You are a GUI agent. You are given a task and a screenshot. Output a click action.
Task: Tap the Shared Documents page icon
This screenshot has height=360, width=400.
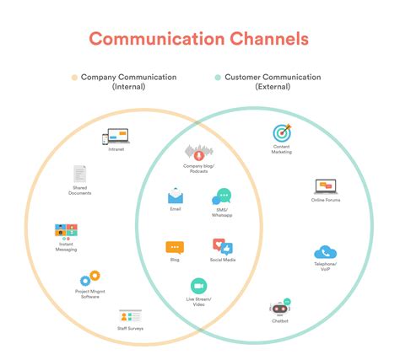pos(80,175)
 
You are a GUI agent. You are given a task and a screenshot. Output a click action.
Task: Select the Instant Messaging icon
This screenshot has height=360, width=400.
pos(66,231)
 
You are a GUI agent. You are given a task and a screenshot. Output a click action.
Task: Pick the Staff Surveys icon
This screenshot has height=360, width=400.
pos(129,317)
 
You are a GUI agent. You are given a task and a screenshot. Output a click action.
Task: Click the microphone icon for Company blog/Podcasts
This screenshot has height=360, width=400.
pos(198,153)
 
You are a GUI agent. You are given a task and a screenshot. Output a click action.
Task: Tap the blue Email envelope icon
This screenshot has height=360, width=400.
pos(176,196)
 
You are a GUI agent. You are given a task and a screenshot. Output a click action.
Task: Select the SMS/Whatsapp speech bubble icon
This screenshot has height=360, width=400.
pos(222,197)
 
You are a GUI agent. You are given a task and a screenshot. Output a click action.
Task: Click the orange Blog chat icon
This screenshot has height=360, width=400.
pos(175,248)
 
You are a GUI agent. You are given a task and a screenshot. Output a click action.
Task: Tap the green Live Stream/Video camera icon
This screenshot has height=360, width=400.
pos(199,286)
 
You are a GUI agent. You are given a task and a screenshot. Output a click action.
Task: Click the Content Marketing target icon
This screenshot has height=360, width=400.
pos(281,132)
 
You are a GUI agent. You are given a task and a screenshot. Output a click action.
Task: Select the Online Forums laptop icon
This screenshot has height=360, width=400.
pos(326,186)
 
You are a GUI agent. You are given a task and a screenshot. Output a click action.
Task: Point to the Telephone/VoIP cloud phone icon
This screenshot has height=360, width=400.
pos(325,252)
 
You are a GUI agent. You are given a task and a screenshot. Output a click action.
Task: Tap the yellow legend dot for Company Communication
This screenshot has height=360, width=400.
pos(74,78)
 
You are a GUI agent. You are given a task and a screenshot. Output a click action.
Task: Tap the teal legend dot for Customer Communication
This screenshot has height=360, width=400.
pos(218,78)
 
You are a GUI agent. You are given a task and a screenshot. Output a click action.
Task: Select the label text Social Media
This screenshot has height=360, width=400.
pos(223,261)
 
